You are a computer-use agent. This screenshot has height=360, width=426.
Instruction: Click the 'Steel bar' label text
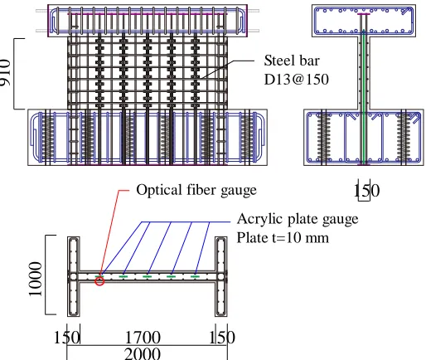coord(292,61)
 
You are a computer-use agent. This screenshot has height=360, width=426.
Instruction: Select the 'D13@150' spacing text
coord(297,80)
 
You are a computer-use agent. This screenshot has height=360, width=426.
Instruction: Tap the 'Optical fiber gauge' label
coord(196,191)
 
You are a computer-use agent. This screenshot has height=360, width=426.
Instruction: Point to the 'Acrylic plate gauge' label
coord(298,220)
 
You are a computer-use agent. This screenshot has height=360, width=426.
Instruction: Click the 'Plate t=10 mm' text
coord(283,237)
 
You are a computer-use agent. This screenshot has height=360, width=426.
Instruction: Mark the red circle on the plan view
coord(99,281)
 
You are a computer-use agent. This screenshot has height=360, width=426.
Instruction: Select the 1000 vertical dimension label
coord(36,279)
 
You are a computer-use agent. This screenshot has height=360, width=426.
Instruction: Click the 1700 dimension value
coord(143,338)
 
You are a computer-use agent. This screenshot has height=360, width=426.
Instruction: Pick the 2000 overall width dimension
coord(143,353)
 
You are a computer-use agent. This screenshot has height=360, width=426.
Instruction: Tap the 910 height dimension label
coord(6,72)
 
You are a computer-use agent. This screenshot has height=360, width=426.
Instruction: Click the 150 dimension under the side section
coord(367,191)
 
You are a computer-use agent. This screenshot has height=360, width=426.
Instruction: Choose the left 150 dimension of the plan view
coord(67,338)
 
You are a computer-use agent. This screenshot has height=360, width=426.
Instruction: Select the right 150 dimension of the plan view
coord(222,338)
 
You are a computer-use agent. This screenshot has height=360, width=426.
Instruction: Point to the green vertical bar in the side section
coord(364,97)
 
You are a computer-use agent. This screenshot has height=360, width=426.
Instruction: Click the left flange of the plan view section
coord(74,276)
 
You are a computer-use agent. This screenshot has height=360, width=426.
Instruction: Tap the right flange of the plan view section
coord(221,276)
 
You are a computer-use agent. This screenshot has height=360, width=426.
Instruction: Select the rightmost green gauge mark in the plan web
coord(195,276)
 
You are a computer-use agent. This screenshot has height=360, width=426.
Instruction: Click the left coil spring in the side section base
coord(323,136)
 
